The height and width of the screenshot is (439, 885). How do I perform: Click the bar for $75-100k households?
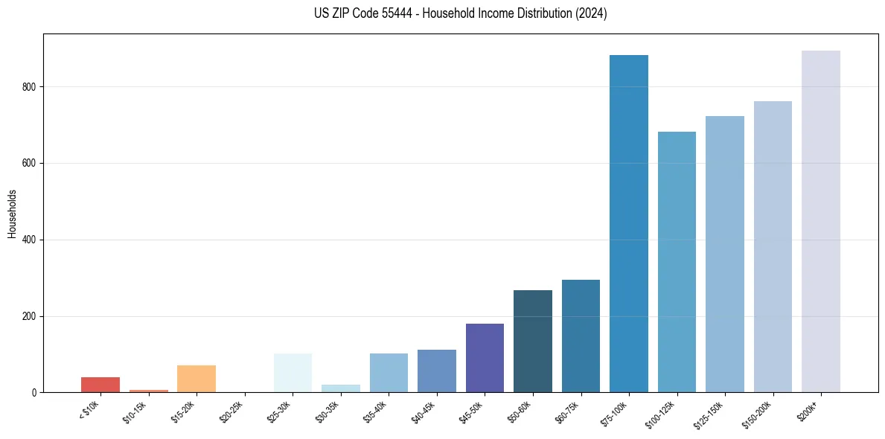[x=629, y=223]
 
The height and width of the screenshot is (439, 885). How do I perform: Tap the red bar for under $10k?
[x=100, y=385]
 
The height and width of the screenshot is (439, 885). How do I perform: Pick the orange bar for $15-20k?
[x=197, y=379]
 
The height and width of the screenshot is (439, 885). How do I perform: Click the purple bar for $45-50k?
[x=485, y=358]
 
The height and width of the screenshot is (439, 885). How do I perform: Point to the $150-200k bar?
[x=773, y=246]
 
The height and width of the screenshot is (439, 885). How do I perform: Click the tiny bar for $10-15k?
[x=148, y=391]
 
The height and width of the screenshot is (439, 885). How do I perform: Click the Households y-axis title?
[x=12, y=214]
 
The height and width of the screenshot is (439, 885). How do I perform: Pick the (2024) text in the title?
[x=592, y=13]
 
